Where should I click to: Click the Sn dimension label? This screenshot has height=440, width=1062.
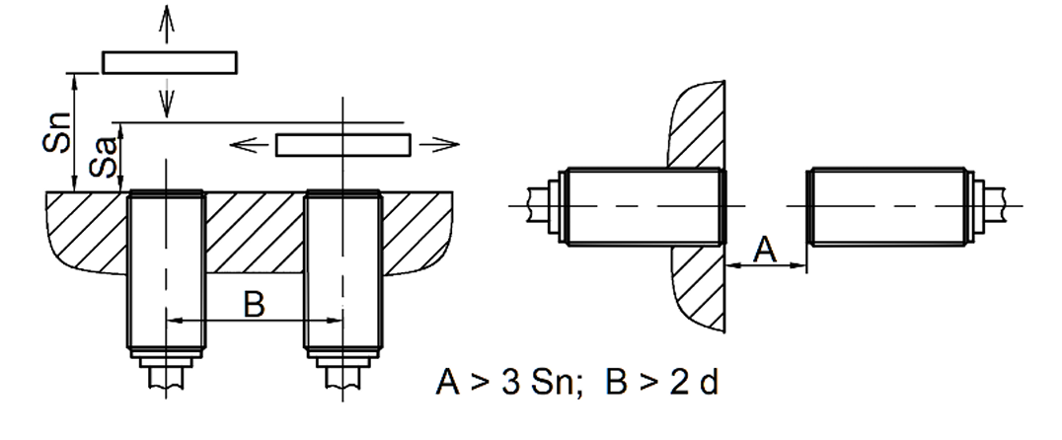pos(56,131)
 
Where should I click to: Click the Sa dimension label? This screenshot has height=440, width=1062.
pos(103,158)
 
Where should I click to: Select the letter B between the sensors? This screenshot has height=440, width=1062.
pos(254,305)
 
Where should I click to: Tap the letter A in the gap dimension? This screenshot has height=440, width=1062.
pos(765,250)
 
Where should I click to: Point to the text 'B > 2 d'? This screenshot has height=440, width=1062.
pos(661,382)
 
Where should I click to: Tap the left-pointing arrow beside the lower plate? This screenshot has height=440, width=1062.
pos(251,144)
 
